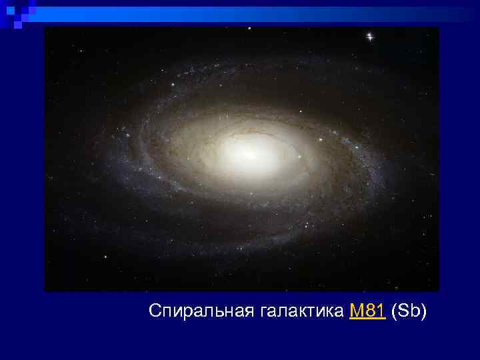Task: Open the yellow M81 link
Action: click(367, 311)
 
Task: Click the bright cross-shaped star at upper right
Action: click(369, 37)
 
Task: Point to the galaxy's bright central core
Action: click(248, 153)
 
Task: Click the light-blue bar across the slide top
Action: click(253, 11)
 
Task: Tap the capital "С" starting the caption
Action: click(155, 311)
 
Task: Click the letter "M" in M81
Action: click(356, 311)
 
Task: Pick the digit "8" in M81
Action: click(369, 311)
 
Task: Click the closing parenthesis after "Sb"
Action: click(423, 311)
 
